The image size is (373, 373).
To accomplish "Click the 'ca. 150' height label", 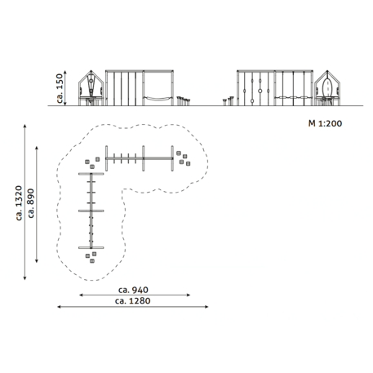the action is (x=60, y=88).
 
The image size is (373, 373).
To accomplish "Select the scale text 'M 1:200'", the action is (x=325, y=123).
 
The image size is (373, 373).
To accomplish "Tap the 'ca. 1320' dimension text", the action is (x=19, y=203).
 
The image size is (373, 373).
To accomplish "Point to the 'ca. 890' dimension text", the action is (x=31, y=203).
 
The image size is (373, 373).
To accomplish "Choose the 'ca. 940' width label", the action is (x=133, y=290).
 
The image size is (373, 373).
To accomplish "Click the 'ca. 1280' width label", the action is (x=133, y=301).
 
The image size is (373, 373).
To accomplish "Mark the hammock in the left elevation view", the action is (x=158, y=98).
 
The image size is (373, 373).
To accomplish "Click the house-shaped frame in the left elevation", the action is (x=91, y=88).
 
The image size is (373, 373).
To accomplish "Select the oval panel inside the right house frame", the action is (x=327, y=87).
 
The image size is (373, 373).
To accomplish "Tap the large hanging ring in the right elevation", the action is (x=260, y=91).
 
